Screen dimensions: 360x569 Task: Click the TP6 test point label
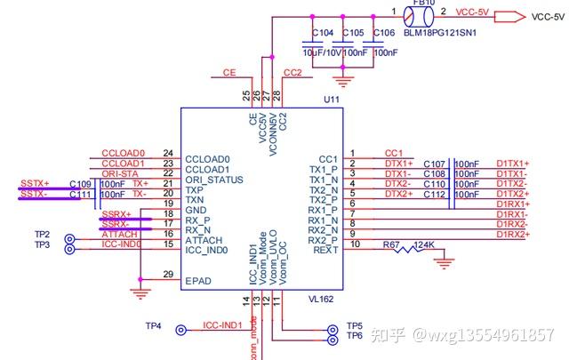pos(355,336)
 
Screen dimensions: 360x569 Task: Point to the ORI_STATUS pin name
pos(213,179)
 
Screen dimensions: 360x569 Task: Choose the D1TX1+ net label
pos(512,164)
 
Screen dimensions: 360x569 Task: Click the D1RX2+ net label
pos(512,235)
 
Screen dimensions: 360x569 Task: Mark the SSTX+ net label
pos(34,183)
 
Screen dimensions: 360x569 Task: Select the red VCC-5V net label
pos(470,12)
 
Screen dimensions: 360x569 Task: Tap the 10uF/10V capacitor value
pos(321,52)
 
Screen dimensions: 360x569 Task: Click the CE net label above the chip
pos(228,73)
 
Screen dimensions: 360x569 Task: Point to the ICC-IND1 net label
pos(222,325)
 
